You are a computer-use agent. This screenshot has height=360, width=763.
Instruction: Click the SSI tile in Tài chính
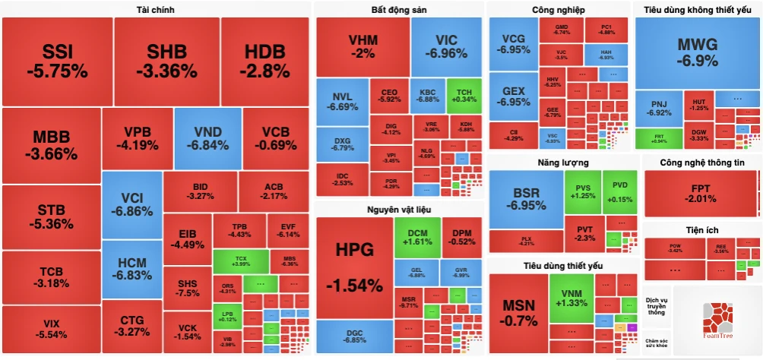(57, 61)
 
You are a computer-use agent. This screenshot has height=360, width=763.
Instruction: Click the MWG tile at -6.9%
(697, 52)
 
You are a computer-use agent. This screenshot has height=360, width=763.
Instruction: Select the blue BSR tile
(525, 199)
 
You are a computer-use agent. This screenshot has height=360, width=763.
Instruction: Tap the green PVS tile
(582, 191)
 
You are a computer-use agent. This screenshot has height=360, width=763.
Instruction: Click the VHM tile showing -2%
(363, 46)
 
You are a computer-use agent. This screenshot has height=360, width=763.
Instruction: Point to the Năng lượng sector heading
(562, 162)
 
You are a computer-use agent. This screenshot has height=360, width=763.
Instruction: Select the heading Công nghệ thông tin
(701, 162)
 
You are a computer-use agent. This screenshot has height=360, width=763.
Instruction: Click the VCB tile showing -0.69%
(270, 138)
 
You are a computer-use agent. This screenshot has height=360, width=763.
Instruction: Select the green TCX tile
(241, 261)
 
